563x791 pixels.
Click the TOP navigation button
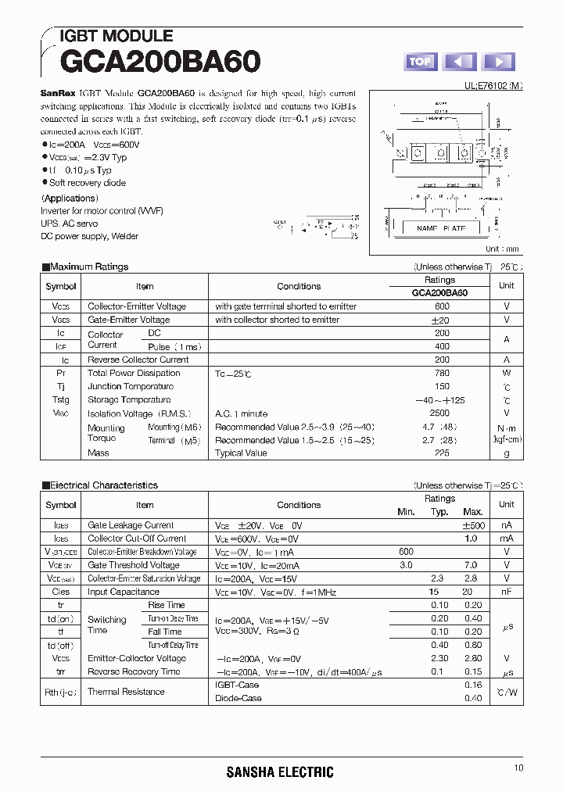[x=421, y=62]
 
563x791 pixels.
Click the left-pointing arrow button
[x=460, y=62]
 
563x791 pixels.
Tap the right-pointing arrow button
[x=499, y=62]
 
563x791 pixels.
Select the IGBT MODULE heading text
[x=117, y=36]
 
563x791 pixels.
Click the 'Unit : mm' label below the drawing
[x=501, y=249]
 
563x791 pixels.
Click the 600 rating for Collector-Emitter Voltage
[x=442, y=306]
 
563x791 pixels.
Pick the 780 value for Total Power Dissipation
[x=442, y=373]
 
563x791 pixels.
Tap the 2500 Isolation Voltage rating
[x=439, y=413]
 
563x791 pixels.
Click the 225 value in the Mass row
[x=442, y=453]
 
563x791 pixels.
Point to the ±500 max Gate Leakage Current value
[x=474, y=525]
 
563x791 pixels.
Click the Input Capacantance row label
[x=124, y=592]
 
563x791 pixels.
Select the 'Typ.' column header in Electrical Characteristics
[x=440, y=512]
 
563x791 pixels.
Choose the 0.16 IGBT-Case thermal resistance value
[x=473, y=685]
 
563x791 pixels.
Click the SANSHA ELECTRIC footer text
[x=280, y=772]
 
